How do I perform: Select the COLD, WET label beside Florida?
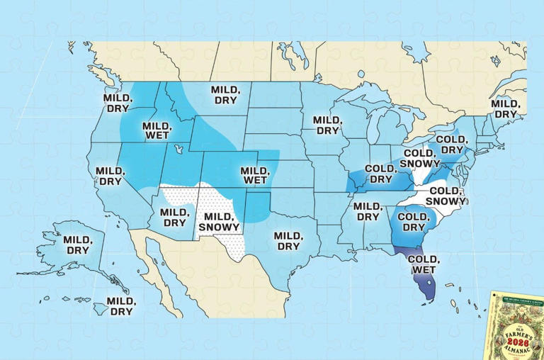[x=439, y=265]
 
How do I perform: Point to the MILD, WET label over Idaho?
[x=156, y=131]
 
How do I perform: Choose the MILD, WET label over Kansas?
[x=254, y=176]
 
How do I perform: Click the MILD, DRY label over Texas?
[x=289, y=240]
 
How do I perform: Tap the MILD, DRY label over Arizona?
[x=174, y=217]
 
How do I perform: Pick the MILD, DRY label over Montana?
[x=226, y=95]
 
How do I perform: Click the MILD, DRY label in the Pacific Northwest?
[x=117, y=103]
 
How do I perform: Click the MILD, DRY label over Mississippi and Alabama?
[x=367, y=211]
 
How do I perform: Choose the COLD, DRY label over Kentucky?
[x=380, y=174]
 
